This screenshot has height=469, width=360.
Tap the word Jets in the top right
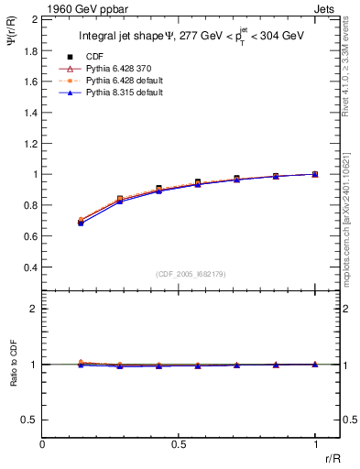click(325, 7)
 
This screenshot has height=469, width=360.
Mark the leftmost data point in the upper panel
click(81, 222)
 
